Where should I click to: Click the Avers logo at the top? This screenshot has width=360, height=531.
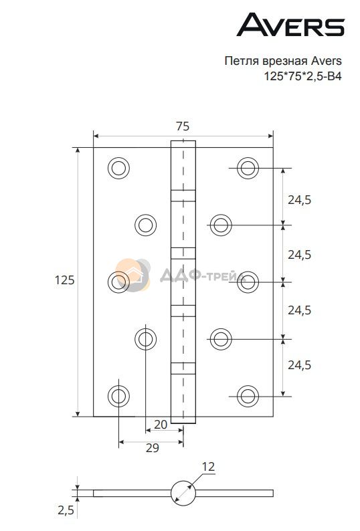click(290, 24)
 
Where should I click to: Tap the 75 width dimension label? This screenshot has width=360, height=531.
click(183, 126)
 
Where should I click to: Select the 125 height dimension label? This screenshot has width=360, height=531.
click(64, 280)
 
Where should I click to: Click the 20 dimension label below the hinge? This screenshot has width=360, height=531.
click(161, 424)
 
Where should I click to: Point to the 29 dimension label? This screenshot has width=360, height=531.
click(152, 447)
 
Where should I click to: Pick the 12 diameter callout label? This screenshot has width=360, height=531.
click(208, 467)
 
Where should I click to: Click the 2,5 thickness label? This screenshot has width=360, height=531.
click(66, 510)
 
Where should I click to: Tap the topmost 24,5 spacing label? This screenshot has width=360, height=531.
click(299, 200)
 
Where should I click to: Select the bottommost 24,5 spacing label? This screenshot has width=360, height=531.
click(299, 365)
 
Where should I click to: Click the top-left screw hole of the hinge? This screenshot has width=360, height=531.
click(118, 168)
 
